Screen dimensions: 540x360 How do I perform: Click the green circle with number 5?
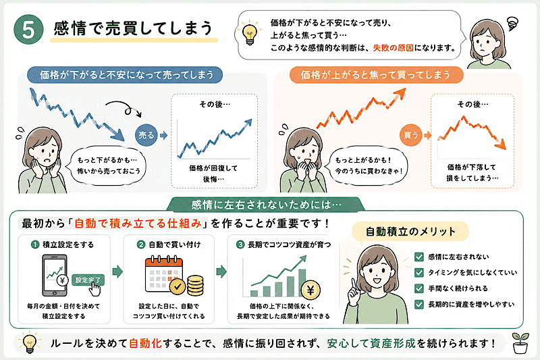(28, 29)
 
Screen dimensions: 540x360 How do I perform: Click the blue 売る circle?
(146, 135)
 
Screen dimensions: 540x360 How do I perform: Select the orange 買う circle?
(411, 135)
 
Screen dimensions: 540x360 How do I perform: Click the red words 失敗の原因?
(394, 48)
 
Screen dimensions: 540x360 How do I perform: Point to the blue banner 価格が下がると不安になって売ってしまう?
(125, 75)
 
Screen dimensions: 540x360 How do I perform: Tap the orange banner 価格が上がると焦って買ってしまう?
(376, 75)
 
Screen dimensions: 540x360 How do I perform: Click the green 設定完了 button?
(88, 280)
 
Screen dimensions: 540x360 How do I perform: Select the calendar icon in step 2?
(163, 275)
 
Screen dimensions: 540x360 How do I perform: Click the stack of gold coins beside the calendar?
(195, 285)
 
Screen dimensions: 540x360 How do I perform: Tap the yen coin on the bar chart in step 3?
(310, 290)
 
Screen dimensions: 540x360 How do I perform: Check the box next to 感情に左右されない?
(418, 257)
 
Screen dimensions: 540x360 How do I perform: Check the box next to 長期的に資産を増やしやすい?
(418, 304)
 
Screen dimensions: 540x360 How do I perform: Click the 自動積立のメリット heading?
(410, 231)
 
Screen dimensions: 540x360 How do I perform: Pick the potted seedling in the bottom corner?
(520, 342)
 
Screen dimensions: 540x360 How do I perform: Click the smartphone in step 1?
(55, 276)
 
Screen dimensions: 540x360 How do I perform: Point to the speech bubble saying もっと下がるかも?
(107, 165)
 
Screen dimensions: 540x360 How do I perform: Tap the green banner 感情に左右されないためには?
(265, 205)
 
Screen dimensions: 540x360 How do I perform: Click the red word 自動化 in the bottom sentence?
(145, 343)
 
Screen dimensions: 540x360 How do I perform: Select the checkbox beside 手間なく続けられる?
(418, 288)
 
